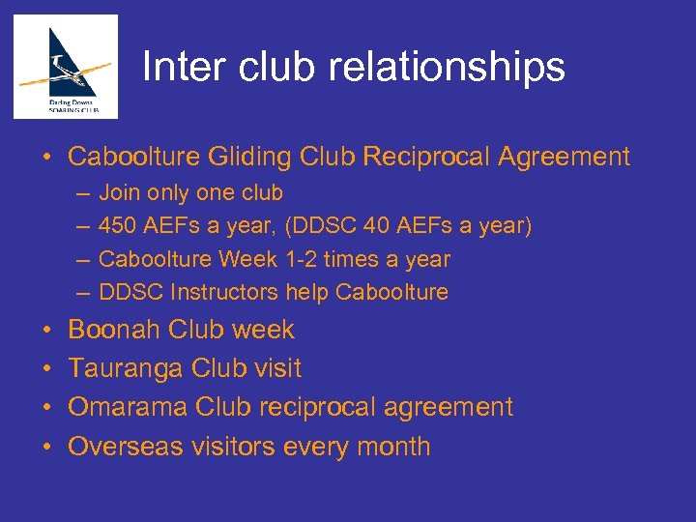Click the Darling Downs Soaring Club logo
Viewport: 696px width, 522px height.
pos(66,66)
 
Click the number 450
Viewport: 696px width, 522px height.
pos(119,227)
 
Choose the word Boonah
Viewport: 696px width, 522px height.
pos(114,330)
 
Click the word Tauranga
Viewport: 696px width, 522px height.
pos(126,368)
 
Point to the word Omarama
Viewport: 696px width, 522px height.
pos(128,407)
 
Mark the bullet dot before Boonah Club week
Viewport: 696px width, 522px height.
pos(47,331)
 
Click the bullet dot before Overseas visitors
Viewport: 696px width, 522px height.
pos(47,447)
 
